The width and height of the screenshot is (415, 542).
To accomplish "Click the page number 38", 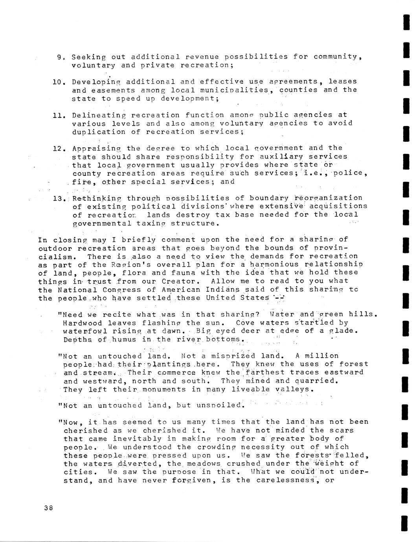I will [49, 507].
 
